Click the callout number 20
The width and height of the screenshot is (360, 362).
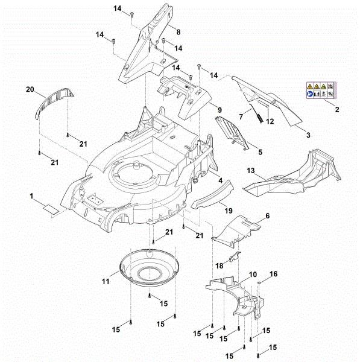coord(30,89)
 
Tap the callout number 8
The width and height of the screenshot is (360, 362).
coord(178,30)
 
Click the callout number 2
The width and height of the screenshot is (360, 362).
coord(336,109)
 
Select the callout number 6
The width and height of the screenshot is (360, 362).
coord(268,216)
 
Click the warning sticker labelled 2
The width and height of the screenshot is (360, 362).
coord(320,91)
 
